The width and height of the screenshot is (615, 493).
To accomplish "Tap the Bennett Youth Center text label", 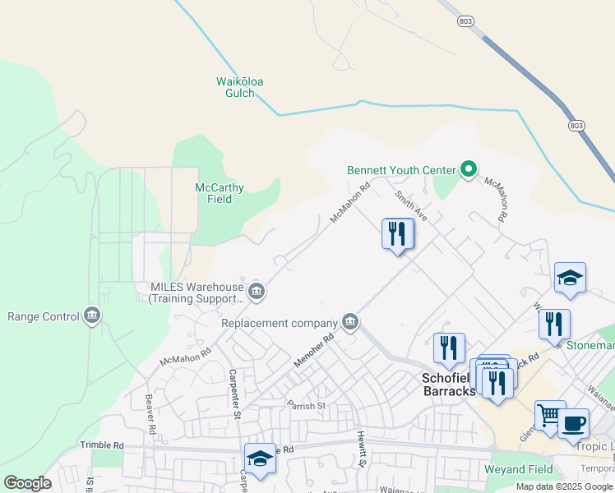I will (x=400, y=170).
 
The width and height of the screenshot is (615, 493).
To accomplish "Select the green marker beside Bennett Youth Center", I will (x=469, y=170).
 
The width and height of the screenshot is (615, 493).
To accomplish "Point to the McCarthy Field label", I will (x=219, y=193).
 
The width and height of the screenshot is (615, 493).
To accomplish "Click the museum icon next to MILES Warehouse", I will (x=257, y=291).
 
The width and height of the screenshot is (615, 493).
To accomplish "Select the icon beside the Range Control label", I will (x=90, y=316).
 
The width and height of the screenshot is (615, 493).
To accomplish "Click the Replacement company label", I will (x=280, y=323).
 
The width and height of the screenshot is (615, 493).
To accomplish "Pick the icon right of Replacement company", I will (x=350, y=321).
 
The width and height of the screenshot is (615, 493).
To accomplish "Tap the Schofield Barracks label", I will (x=448, y=385).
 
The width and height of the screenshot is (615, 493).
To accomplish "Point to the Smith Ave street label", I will (x=411, y=206).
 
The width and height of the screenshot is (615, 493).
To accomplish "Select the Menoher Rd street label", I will (x=314, y=350).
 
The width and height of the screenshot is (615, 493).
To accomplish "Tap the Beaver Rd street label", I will (x=150, y=413).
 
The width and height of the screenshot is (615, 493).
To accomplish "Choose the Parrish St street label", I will (x=307, y=405).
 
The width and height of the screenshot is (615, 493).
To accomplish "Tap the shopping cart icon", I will (x=549, y=413).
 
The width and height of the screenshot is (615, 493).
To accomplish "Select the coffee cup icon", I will (x=573, y=422).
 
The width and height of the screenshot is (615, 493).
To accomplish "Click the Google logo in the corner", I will (x=26, y=483).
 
